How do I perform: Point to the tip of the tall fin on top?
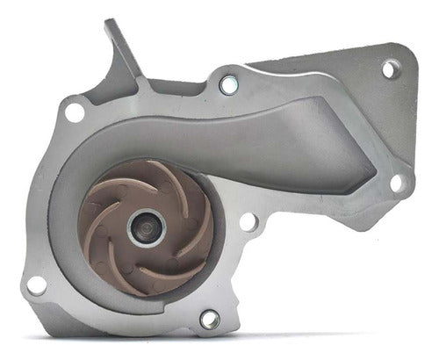111,24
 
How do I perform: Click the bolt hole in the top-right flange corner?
390,68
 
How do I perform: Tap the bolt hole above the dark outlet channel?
228,85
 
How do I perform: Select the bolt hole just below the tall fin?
75,112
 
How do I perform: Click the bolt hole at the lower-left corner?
36,284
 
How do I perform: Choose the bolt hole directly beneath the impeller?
210,319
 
